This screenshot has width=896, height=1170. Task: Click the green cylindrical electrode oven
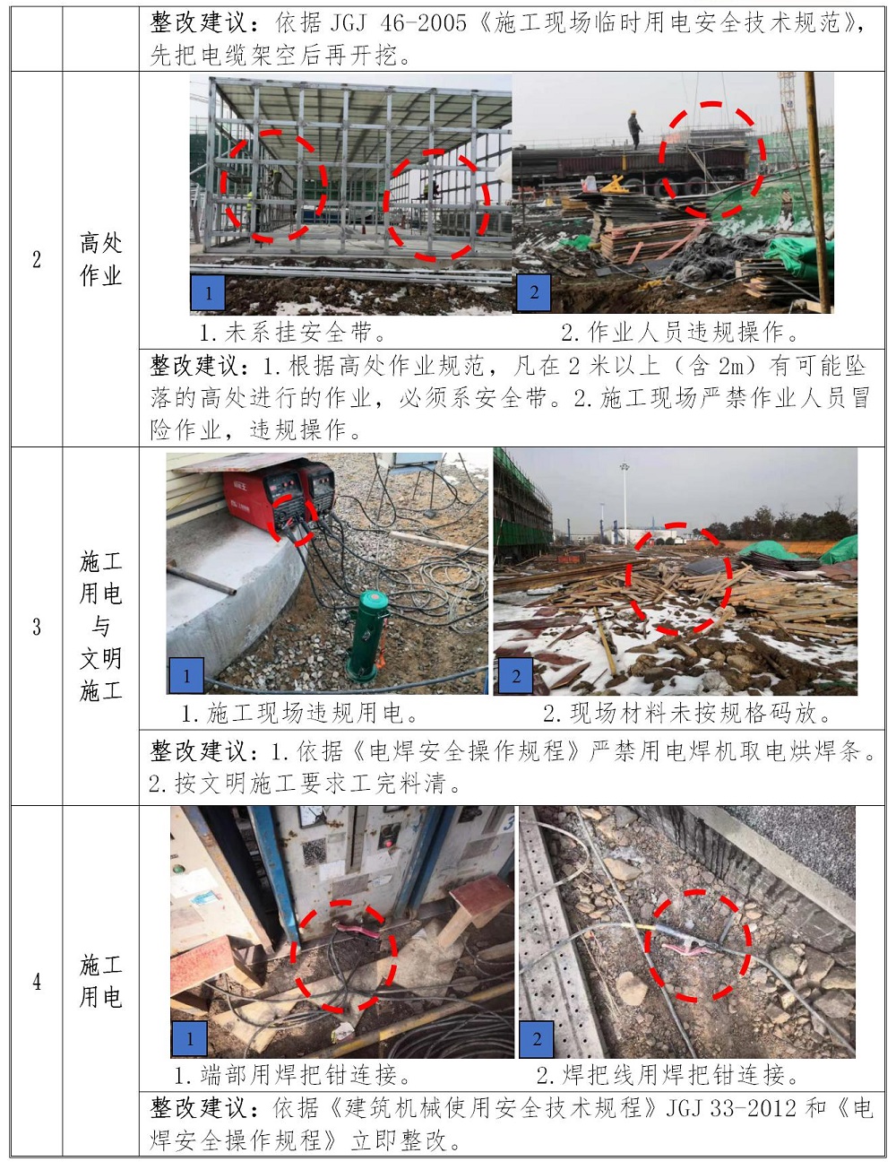[367, 636]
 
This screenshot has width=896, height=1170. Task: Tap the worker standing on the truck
[634, 129]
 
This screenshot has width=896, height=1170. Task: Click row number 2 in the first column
[37, 259]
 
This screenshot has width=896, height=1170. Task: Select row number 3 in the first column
[37, 627]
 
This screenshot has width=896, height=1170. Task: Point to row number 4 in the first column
[37, 982]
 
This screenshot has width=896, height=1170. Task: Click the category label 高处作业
[100, 259]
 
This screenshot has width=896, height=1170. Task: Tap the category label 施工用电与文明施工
[100, 626]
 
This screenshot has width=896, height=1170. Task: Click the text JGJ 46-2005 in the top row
[398, 23]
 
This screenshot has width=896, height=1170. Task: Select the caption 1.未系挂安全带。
[293, 333]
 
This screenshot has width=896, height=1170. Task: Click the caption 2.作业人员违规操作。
[680, 333]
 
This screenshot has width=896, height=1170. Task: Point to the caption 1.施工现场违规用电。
[299, 713]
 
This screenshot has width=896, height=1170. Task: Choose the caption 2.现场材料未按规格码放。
[687, 713]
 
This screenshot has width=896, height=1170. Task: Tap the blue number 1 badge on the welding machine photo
[186, 675]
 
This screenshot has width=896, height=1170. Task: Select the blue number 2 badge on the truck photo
[533, 292]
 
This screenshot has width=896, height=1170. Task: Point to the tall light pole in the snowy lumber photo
[625, 504]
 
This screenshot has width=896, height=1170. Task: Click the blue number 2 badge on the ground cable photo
[537, 1039]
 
